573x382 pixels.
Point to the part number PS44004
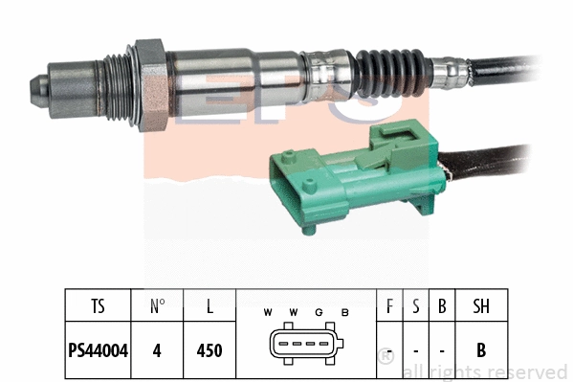coord(99,350)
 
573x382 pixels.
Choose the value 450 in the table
coord(209,350)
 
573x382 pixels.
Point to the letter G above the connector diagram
coord(320,312)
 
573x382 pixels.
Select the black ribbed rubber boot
coord(387,68)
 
